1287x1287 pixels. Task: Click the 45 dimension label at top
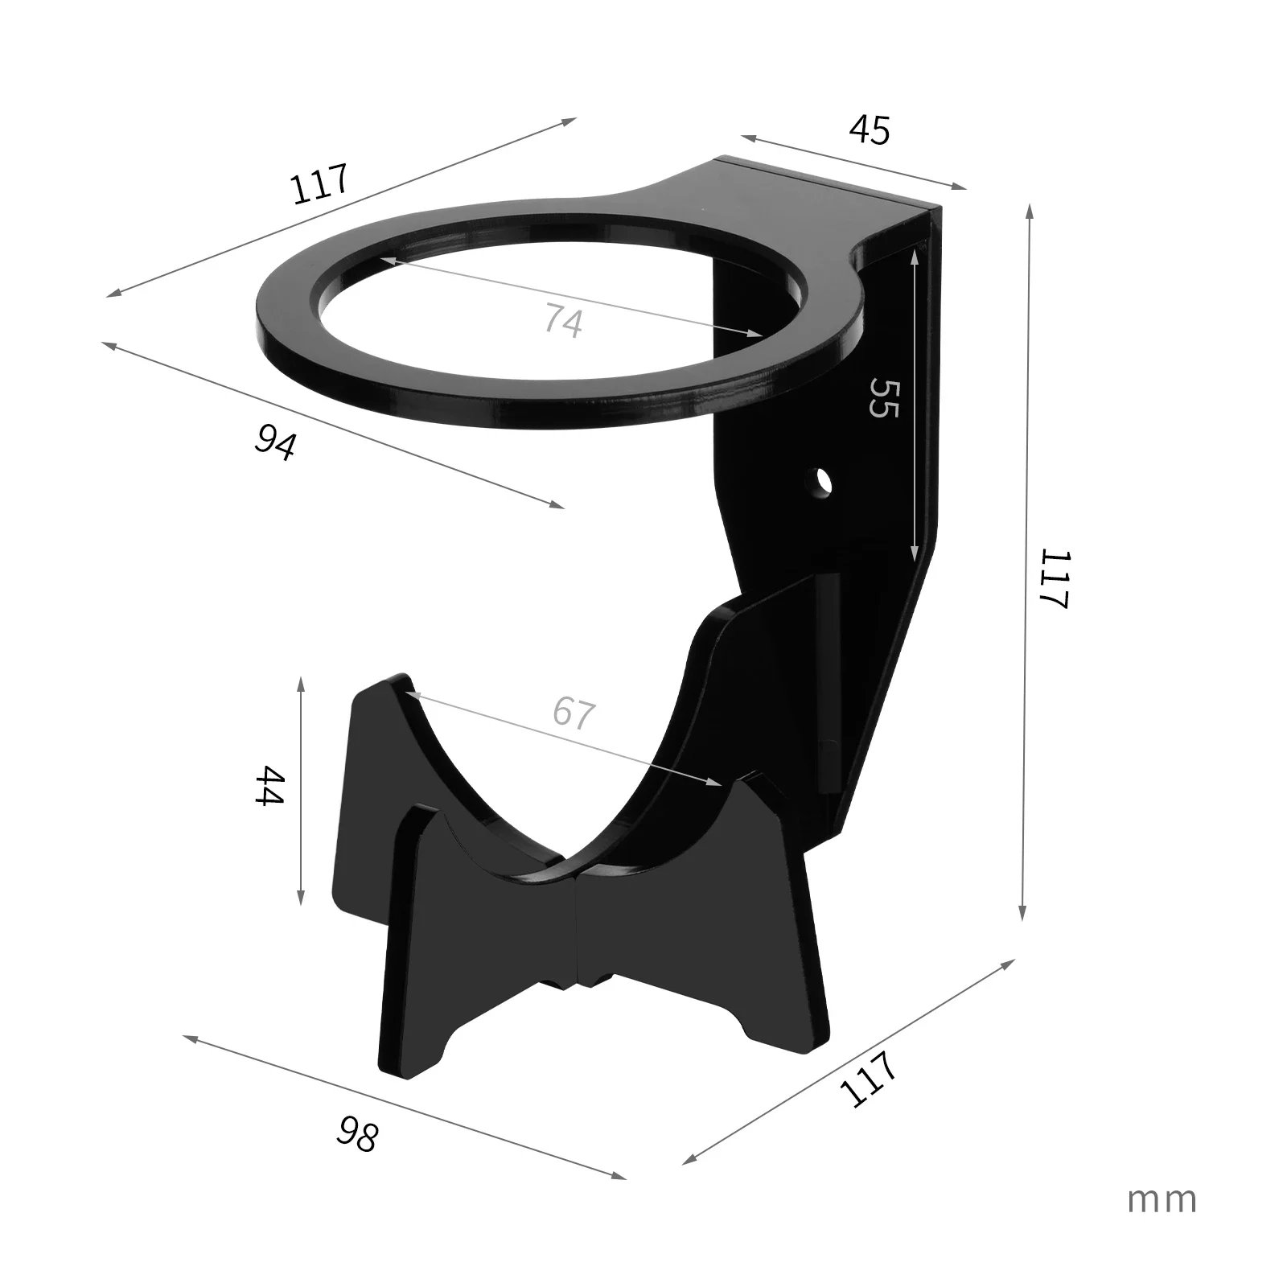[x=870, y=130]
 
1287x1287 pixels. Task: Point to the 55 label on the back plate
[x=882, y=397]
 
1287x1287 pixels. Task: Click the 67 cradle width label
[x=574, y=713]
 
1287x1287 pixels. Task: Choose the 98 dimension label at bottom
[x=356, y=1133]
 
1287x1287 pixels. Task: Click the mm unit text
[x=1162, y=1199]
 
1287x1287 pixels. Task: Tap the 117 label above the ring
[x=319, y=184]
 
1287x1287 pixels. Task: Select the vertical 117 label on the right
[x=1053, y=580]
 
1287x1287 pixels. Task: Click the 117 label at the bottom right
[x=868, y=1079]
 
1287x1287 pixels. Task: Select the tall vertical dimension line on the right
[x=1026, y=563]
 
